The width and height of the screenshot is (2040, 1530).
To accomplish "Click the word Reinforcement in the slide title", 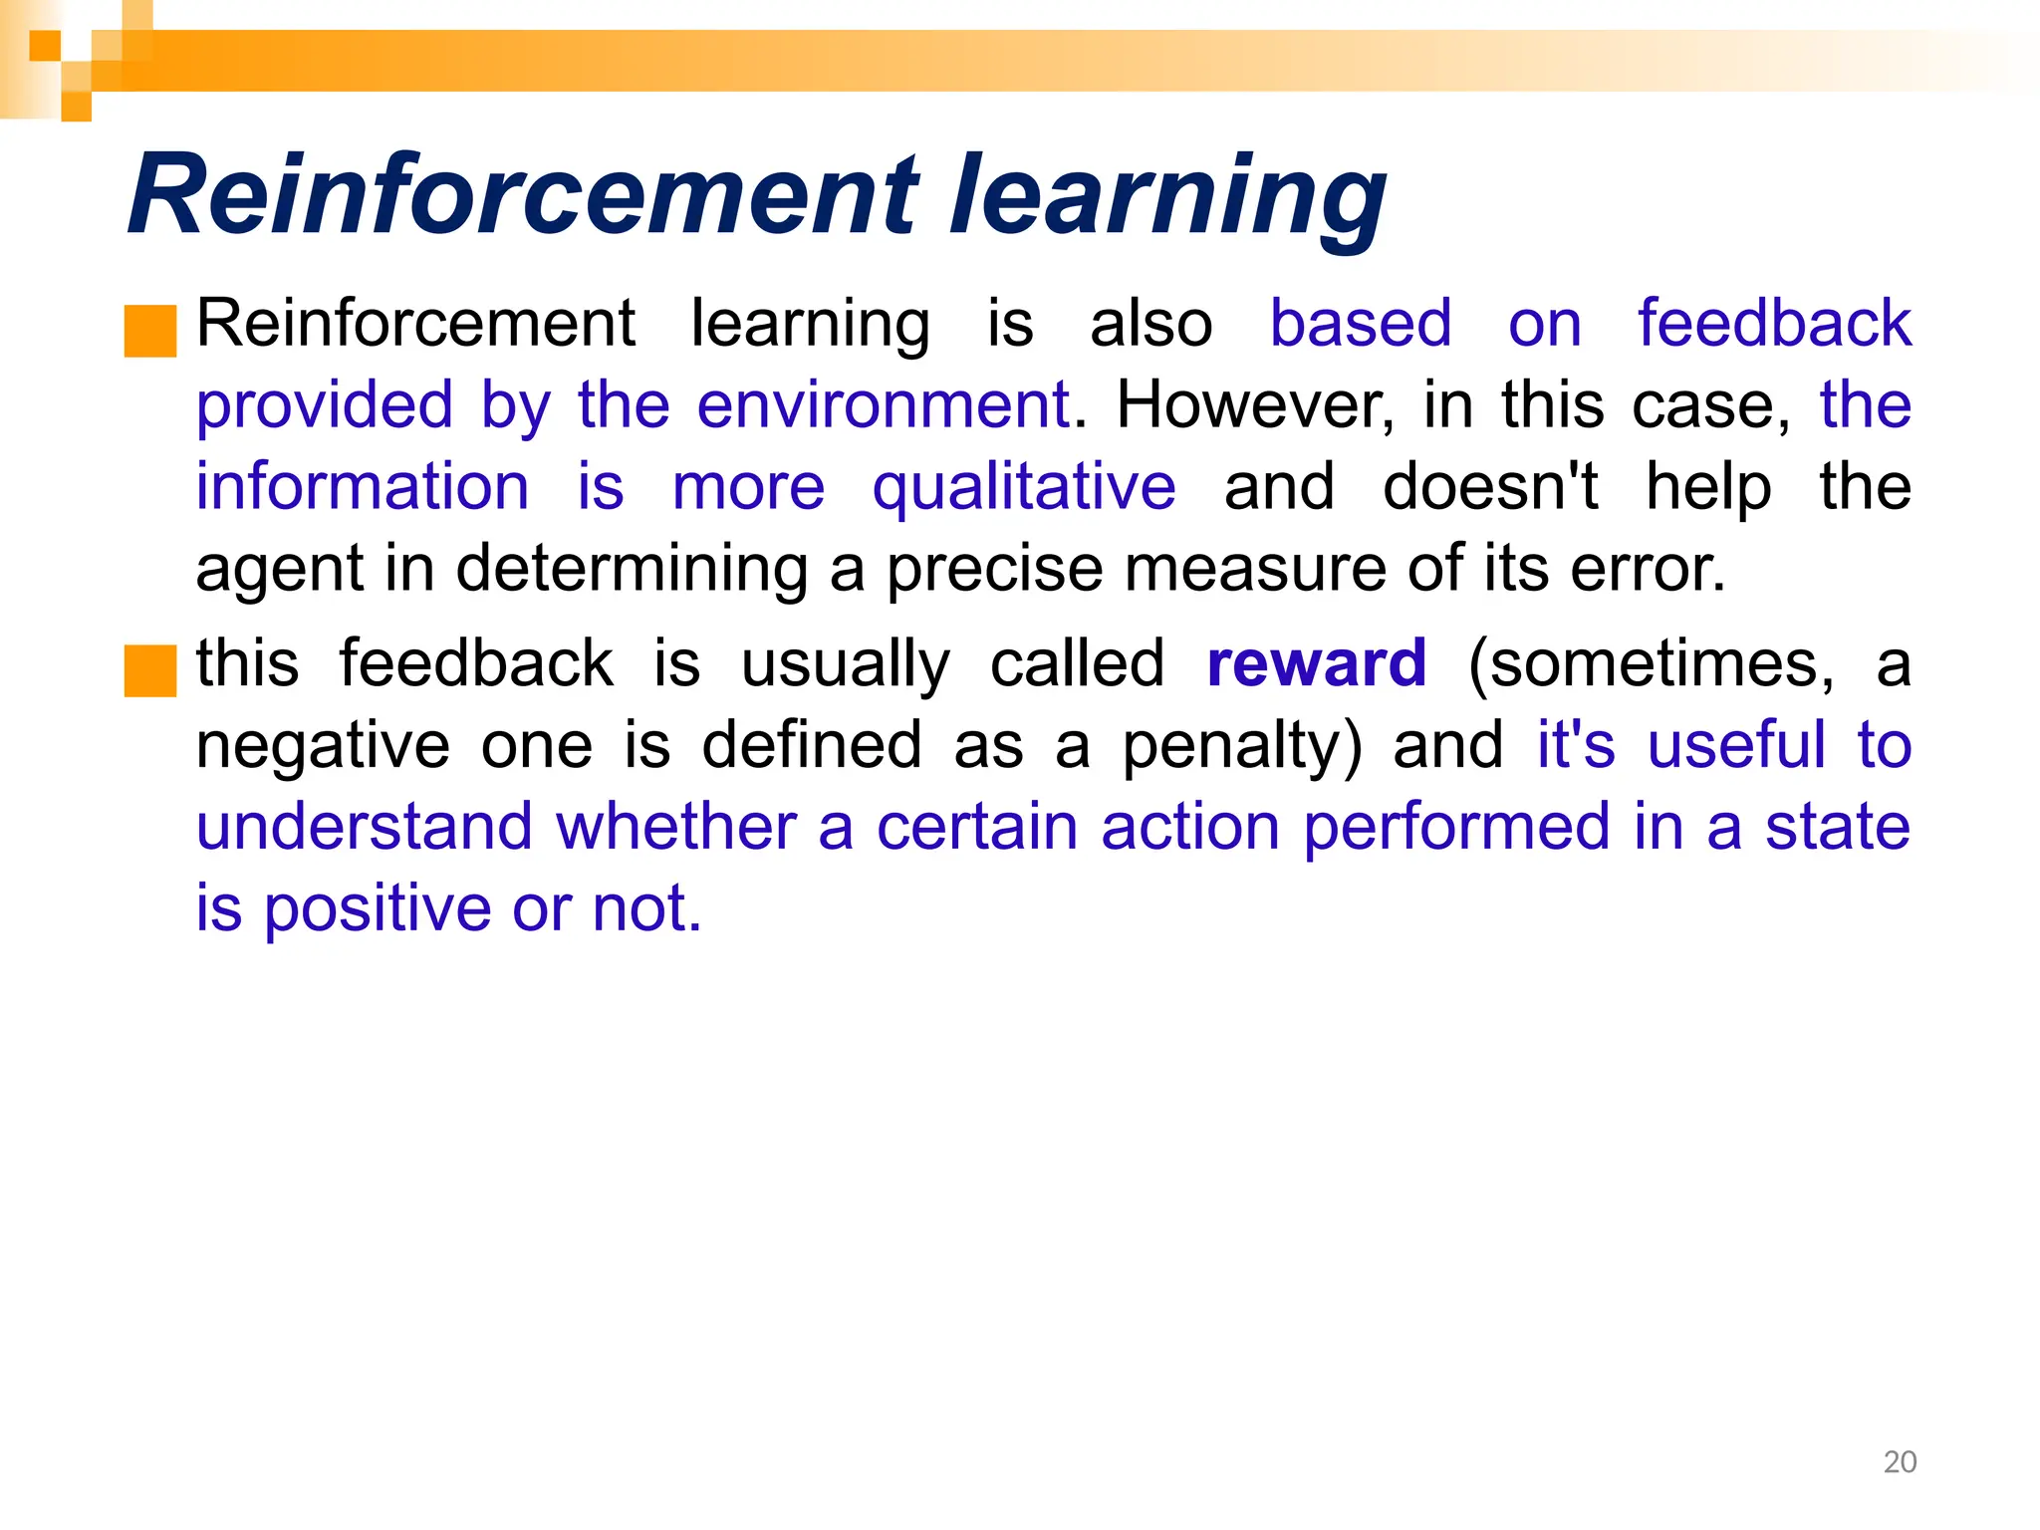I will [x=523, y=194].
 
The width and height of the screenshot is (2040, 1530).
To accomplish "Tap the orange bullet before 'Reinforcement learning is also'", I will [x=150, y=331].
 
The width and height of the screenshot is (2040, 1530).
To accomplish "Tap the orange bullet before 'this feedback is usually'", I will [x=150, y=670].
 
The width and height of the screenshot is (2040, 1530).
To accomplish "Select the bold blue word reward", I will [x=1317, y=663].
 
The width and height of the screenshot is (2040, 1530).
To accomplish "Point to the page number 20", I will [x=1900, y=1462].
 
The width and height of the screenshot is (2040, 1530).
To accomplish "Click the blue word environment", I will [x=883, y=405].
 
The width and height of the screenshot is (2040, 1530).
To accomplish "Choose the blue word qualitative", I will [x=1024, y=487].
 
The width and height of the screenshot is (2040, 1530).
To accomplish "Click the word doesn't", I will [x=1490, y=487].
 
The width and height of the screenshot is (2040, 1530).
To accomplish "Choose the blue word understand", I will [x=365, y=827].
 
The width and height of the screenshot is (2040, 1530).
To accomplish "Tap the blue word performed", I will [x=1456, y=829].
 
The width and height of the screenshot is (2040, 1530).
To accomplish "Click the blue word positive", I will [x=378, y=910].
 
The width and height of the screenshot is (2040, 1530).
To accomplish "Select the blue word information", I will [x=363, y=487].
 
